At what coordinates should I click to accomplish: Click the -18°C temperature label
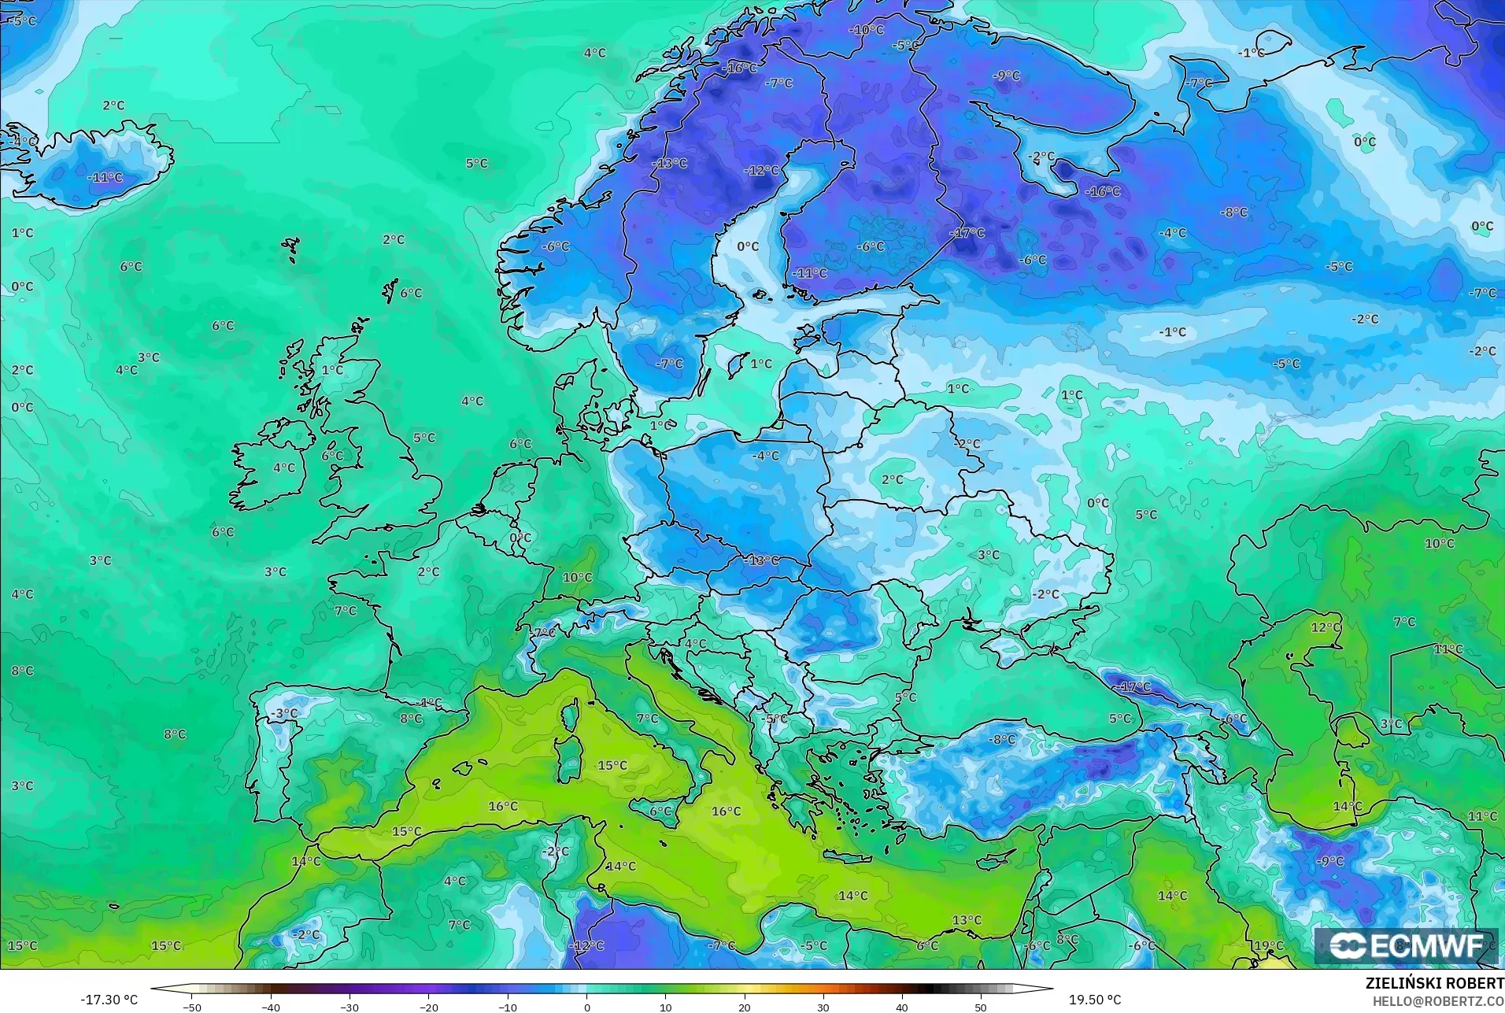coord(763,560)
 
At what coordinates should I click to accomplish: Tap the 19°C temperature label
coord(1269,945)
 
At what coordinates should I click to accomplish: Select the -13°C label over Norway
coord(670,163)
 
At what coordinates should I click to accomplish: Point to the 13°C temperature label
coord(967,920)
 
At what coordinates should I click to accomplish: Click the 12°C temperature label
coord(1326,627)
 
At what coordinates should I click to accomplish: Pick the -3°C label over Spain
coord(285,713)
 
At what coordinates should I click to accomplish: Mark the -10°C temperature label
coord(867,30)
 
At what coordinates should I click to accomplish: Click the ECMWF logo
coord(1406,946)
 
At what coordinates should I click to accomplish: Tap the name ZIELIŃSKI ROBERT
coord(1434,984)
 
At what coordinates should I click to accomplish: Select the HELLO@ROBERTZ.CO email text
coord(1438,1001)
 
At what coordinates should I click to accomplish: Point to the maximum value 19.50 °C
coord(1094,1000)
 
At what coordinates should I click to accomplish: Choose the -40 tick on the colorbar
coord(271,1007)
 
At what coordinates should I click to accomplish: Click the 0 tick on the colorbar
coord(586,1007)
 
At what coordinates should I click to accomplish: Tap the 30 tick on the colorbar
coord(823,1007)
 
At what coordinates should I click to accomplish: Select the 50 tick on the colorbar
coord(981,1007)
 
